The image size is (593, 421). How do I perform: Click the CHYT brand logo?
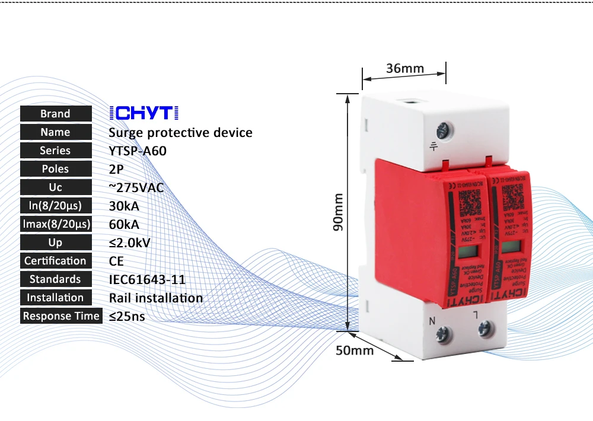[x=144, y=113]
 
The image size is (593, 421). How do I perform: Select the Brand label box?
[x=56, y=114]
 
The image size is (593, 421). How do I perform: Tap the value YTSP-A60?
[x=138, y=151]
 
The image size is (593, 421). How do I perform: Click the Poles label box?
[x=56, y=169]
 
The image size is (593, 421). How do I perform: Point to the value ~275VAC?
[x=136, y=187]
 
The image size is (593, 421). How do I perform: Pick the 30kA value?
[x=124, y=206]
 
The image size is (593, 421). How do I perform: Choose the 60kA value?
[x=124, y=224]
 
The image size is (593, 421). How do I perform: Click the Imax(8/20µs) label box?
[x=56, y=224]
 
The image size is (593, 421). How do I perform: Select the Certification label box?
[x=56, y=261]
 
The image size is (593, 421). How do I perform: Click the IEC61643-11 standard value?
[x=147, y=279]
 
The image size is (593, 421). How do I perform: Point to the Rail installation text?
[x=156, y=298]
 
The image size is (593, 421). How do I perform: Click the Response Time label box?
[x=60, y=316]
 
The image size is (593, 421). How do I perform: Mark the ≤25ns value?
[x=127, y=316]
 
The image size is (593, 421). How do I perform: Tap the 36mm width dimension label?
[x=405, y=68]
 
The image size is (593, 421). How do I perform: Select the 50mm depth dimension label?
[x=355, y=350]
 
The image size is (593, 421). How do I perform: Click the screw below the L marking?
[x=487, y=327]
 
